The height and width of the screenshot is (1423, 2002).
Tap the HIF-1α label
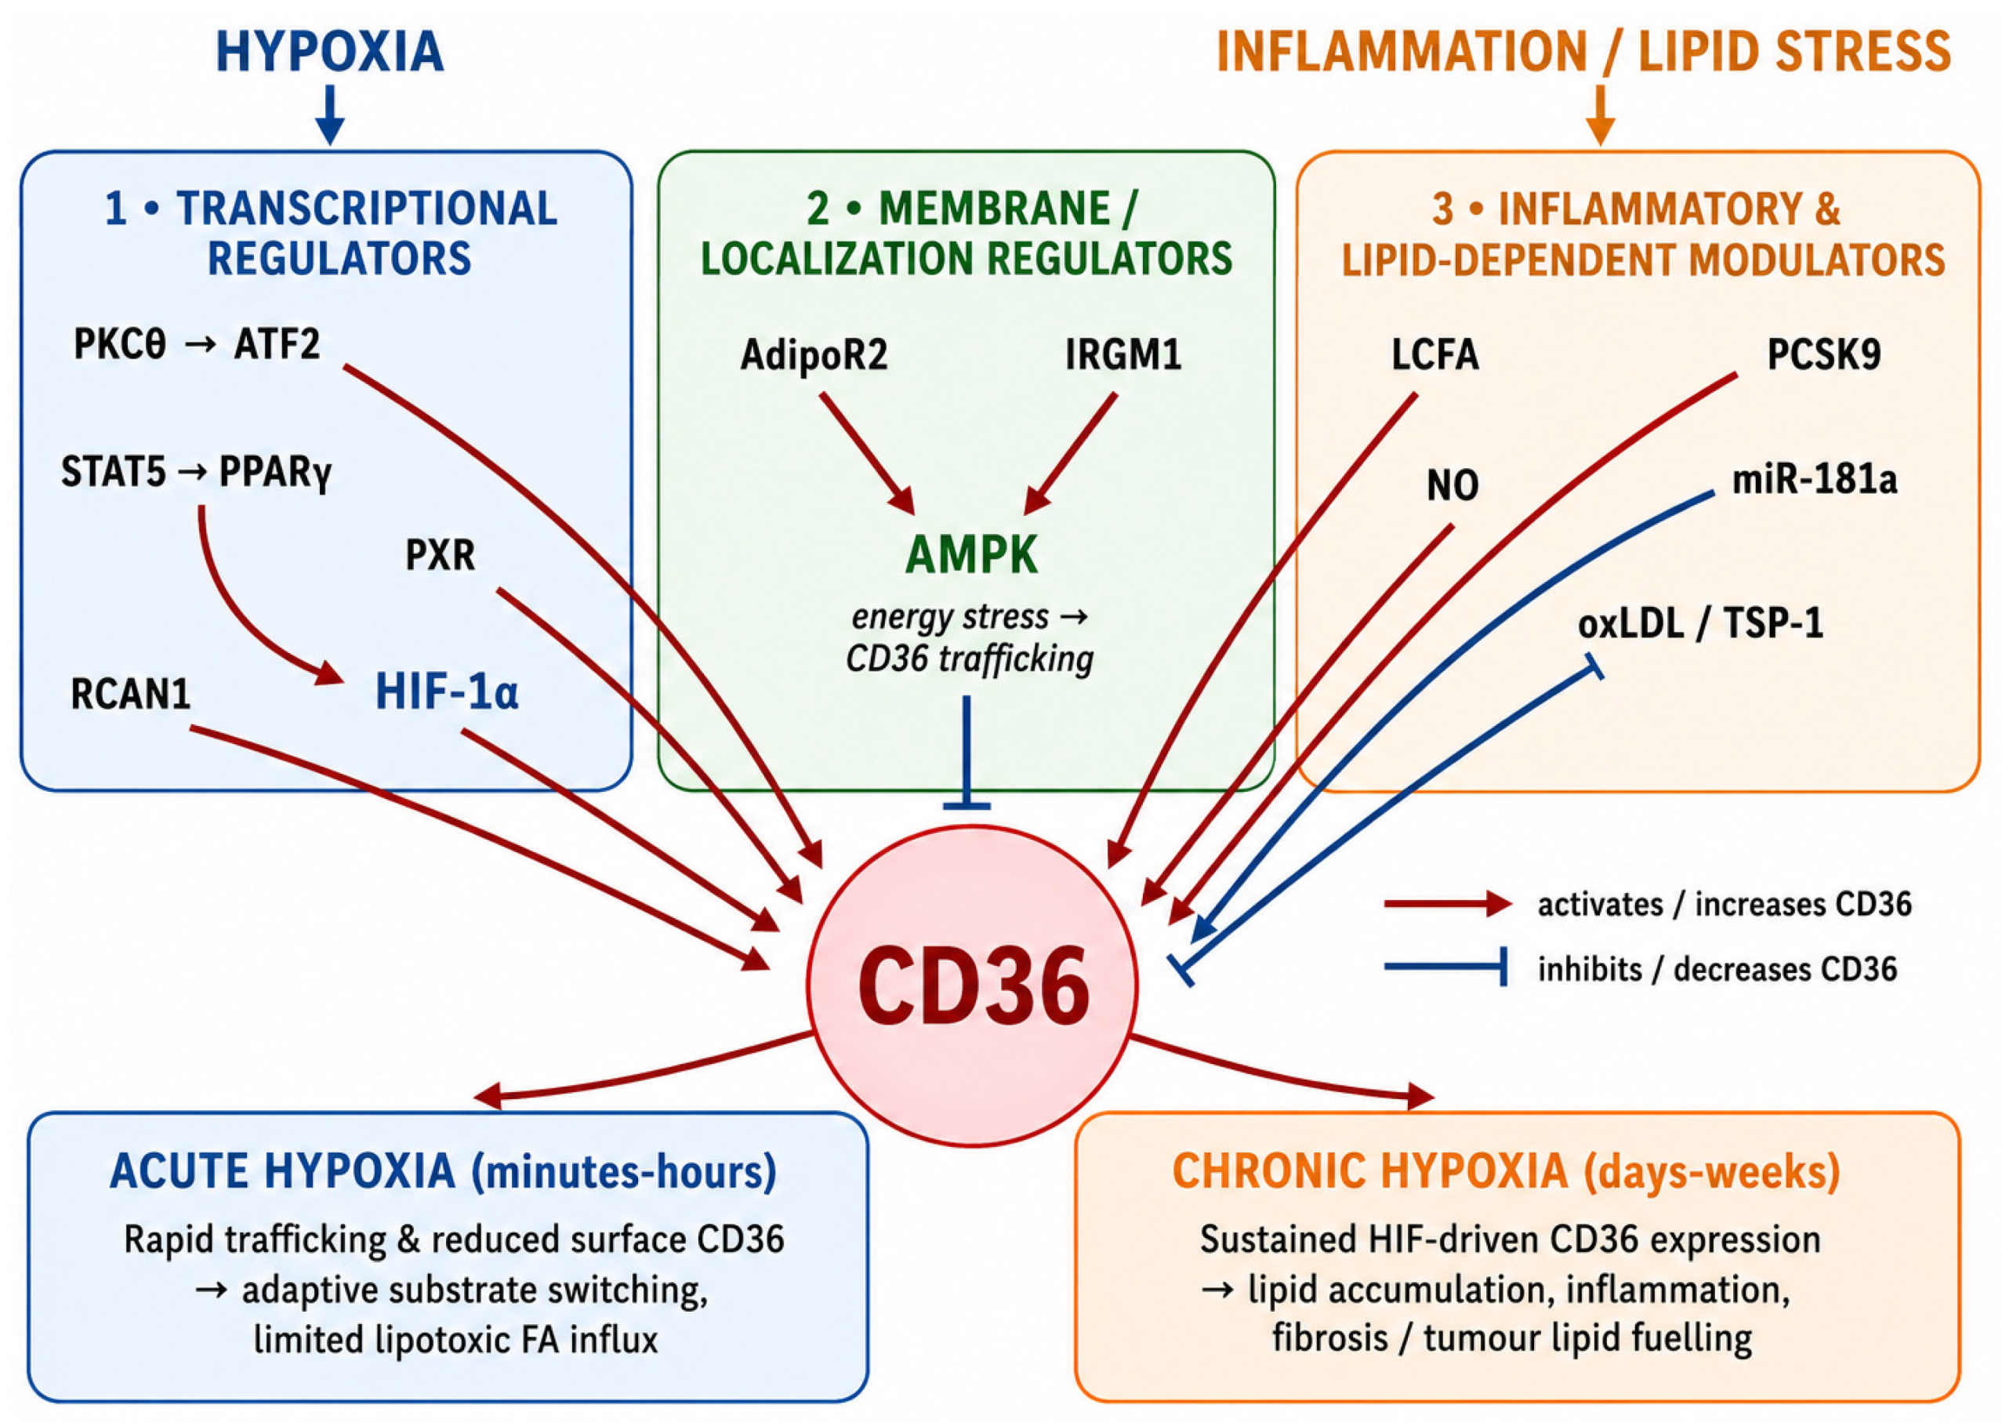click(x=447, y=692)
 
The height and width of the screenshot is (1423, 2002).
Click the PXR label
click(x=440, y=554)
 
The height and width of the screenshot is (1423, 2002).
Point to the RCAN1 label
click(x=131, y=694)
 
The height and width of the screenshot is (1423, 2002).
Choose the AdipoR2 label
click(x=814, y=355)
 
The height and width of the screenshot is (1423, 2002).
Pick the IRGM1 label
click(x=1123, y=354)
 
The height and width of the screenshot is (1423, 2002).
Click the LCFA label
click(x=1435, y=355)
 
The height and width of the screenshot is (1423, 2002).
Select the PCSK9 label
click(x=1824, y=354)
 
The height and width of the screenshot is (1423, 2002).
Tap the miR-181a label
click(x=1815, y=479)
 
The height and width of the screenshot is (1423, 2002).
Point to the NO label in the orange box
click(x=1453, y=485)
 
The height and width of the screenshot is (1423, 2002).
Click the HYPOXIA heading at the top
click(x=329, y=52)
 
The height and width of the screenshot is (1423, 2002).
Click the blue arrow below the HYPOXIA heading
click(x=329, y=114)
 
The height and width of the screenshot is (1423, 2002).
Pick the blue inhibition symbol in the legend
click(x=1445, y=967)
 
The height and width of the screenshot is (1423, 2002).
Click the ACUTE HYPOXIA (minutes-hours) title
click(x=444, y=1171)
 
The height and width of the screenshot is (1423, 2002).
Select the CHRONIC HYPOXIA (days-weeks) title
click(x=1506, y=1171)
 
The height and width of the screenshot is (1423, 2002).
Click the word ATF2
click(x=277, y=344)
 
